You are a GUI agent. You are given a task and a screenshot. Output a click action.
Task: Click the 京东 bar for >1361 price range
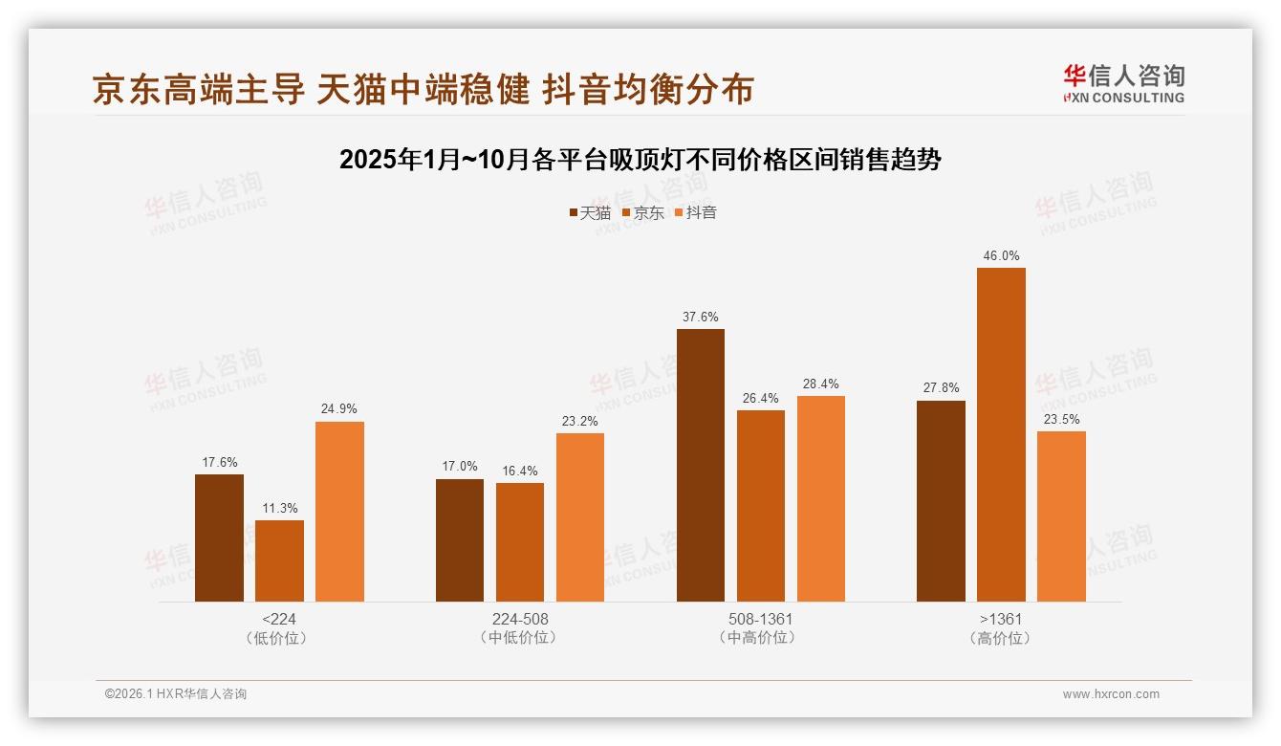(1001, 435)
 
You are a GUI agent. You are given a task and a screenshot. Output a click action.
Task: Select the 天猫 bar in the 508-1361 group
(701, 466)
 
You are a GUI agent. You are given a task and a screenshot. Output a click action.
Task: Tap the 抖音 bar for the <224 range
(339, 512)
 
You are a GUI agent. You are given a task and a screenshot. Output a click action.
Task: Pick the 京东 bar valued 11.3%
(279, 561)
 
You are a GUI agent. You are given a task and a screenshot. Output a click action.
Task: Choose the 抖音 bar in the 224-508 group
(580, 517)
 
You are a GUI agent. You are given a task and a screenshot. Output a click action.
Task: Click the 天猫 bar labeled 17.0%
(460, 540)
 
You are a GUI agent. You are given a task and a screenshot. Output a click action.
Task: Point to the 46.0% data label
(1001, 256)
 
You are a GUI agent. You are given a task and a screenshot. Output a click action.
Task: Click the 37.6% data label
(701, 318)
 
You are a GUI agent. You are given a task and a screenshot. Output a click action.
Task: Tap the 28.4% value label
(820, 384)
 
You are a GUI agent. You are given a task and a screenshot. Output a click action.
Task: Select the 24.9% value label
(339, 409)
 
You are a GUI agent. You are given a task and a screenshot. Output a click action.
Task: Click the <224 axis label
(278, 619)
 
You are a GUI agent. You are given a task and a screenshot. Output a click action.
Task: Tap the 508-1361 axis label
(760, 619)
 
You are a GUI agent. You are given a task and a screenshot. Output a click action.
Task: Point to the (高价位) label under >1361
(1001, 638)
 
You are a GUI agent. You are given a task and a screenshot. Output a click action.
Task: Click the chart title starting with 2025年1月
(640, 160)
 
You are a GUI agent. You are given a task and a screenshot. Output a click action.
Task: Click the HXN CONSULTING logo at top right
(1123, 84)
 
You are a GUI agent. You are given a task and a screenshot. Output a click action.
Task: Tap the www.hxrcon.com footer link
(1111, 694)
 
